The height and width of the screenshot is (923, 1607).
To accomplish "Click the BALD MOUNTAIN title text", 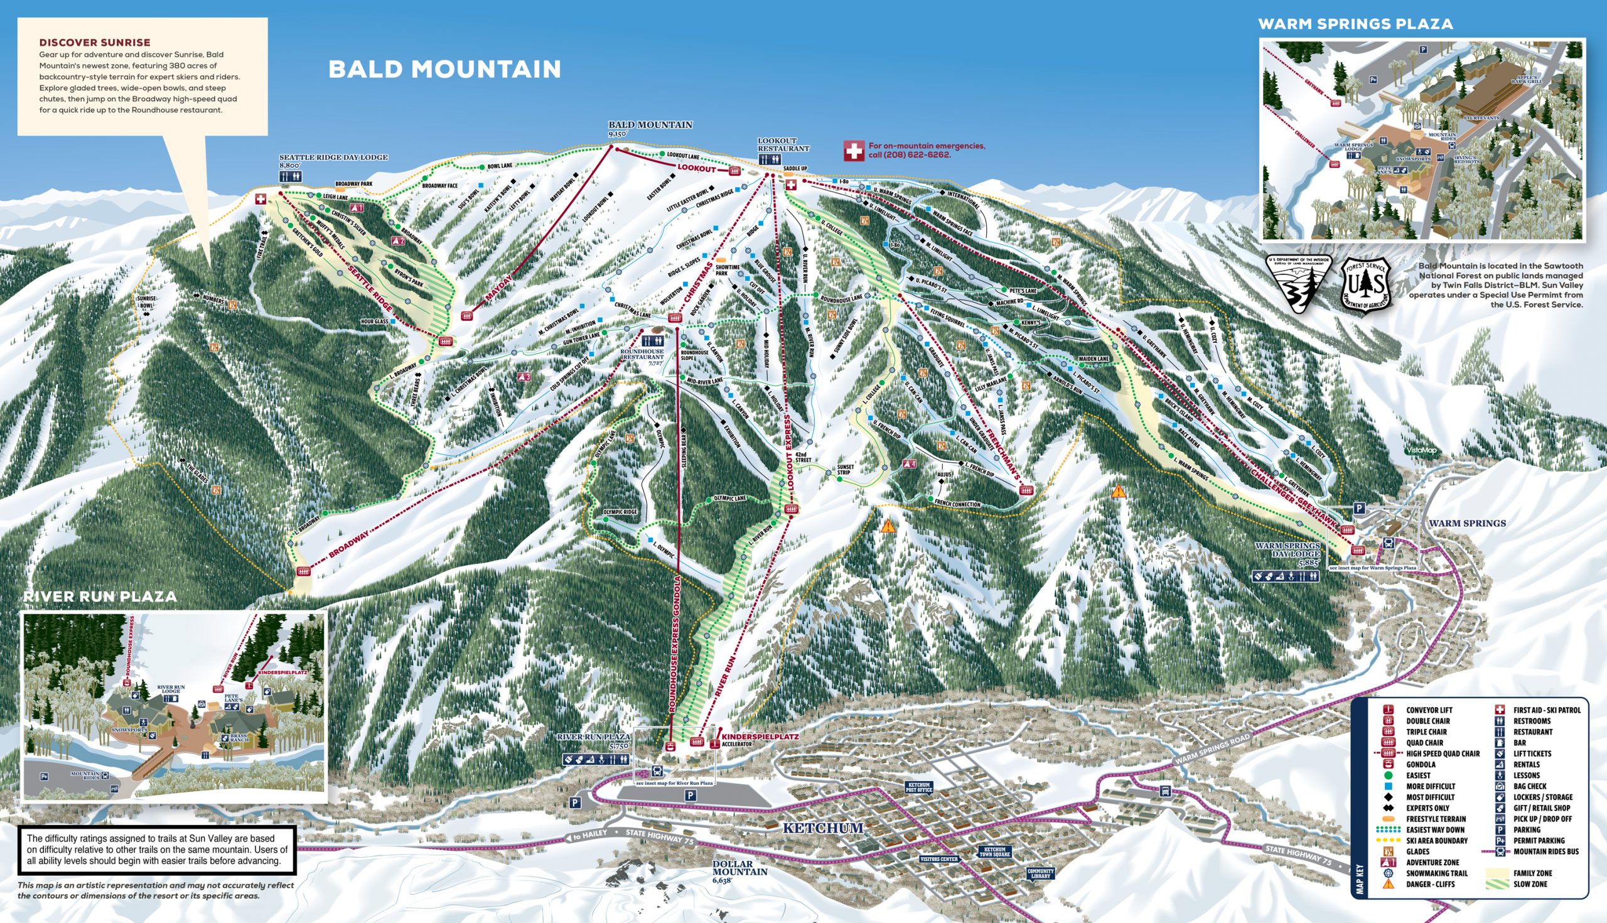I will click(444, 69).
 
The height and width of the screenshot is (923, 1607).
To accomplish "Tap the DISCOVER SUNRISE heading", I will click(94, 43).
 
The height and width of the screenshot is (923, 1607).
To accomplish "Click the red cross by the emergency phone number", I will click(853, 151).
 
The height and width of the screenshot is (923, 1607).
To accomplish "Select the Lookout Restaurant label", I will click(783, 144).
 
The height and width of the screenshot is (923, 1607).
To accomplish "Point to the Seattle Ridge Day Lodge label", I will click(333, 157).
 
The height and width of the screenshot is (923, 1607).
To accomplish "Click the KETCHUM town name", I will click(822, 828).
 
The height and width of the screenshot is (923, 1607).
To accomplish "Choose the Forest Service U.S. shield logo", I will click(1364, 285).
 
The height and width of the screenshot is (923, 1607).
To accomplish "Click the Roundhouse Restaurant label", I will click(642, 354).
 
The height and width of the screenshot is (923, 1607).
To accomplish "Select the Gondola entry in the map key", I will click(1421, 765).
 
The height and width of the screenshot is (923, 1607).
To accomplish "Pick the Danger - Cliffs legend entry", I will click(1430, 884).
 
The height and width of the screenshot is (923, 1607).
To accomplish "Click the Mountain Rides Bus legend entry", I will click(1545, 851).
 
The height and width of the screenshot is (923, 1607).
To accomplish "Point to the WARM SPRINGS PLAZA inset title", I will click(1355, 24).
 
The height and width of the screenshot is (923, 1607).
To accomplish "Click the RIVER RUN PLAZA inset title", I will click(100, 596).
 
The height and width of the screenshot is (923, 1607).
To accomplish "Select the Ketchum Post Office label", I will click(919, 787).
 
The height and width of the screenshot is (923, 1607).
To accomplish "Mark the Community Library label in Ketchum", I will click(1040, 873).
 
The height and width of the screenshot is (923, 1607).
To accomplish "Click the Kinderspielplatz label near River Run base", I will click(760, 737).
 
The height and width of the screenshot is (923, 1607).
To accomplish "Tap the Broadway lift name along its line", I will click(348, 544).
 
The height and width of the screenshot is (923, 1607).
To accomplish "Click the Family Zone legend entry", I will click(1532, 873).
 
